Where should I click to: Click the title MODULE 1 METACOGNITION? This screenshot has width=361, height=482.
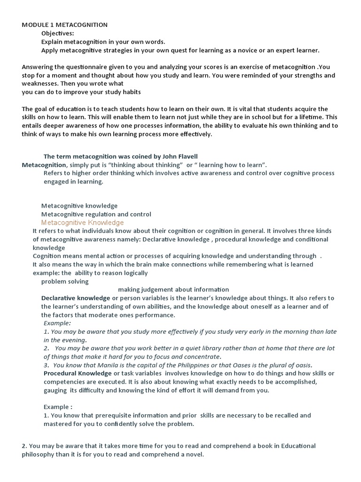[x=64, y=24]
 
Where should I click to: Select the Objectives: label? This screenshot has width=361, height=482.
[x=57, y=33]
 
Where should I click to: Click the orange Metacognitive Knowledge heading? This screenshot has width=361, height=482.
[x=82, y=223]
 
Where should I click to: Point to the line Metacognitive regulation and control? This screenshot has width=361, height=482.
[x=96, y=214]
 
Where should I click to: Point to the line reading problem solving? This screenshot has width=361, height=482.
[x=65, y=281]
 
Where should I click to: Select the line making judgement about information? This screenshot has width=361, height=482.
[x=173, y=289]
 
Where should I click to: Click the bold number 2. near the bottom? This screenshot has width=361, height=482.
[x=24, y=446]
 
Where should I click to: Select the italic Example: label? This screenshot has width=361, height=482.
[x=57, y=323]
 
